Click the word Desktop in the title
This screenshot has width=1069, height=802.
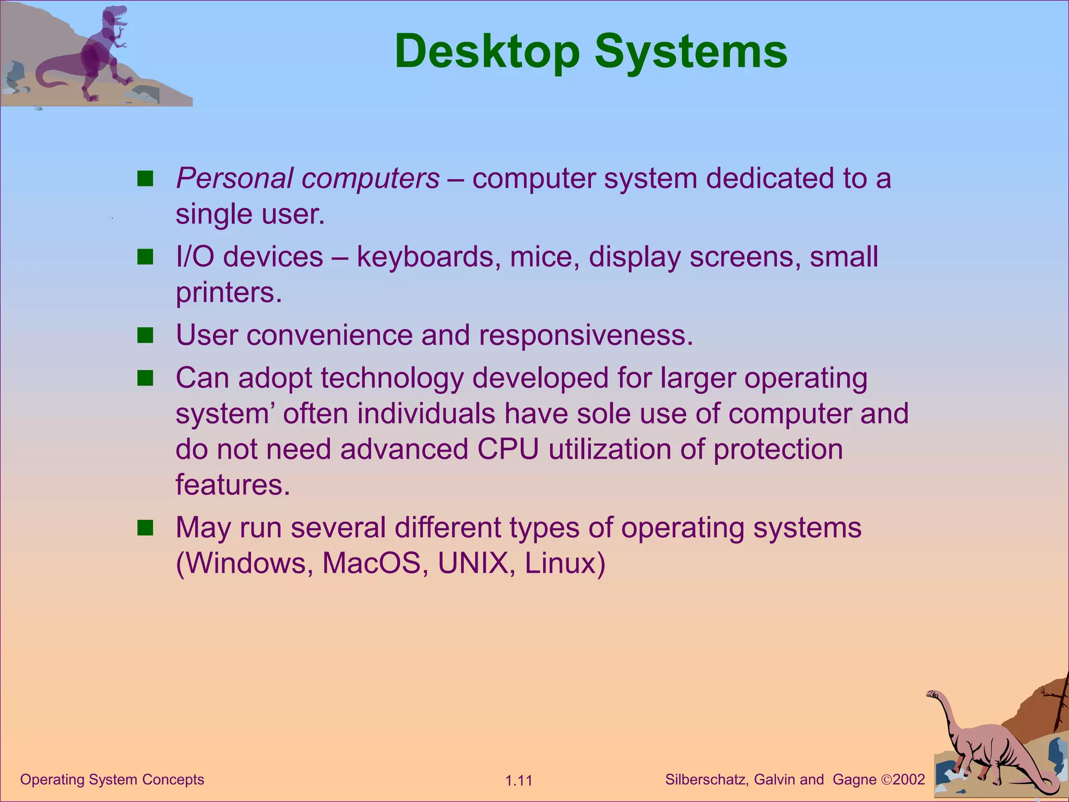[x=486, y=52]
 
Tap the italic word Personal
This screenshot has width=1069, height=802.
[x=234, y=179]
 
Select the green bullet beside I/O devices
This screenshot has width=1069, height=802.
[x=145, y=257]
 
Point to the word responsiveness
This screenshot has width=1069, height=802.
[x=586, y=335]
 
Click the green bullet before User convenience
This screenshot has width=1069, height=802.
[x=145, y=335]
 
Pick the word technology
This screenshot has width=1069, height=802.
[x=391, y=379]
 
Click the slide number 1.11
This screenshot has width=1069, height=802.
[x=518, y=781]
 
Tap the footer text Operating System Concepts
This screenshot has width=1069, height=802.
[x=112, y=780]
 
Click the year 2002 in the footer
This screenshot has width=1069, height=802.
[x=909, y=780]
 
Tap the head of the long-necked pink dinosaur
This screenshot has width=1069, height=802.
[x=932, y=694]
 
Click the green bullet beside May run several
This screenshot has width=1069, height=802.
[x=145, y=528]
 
